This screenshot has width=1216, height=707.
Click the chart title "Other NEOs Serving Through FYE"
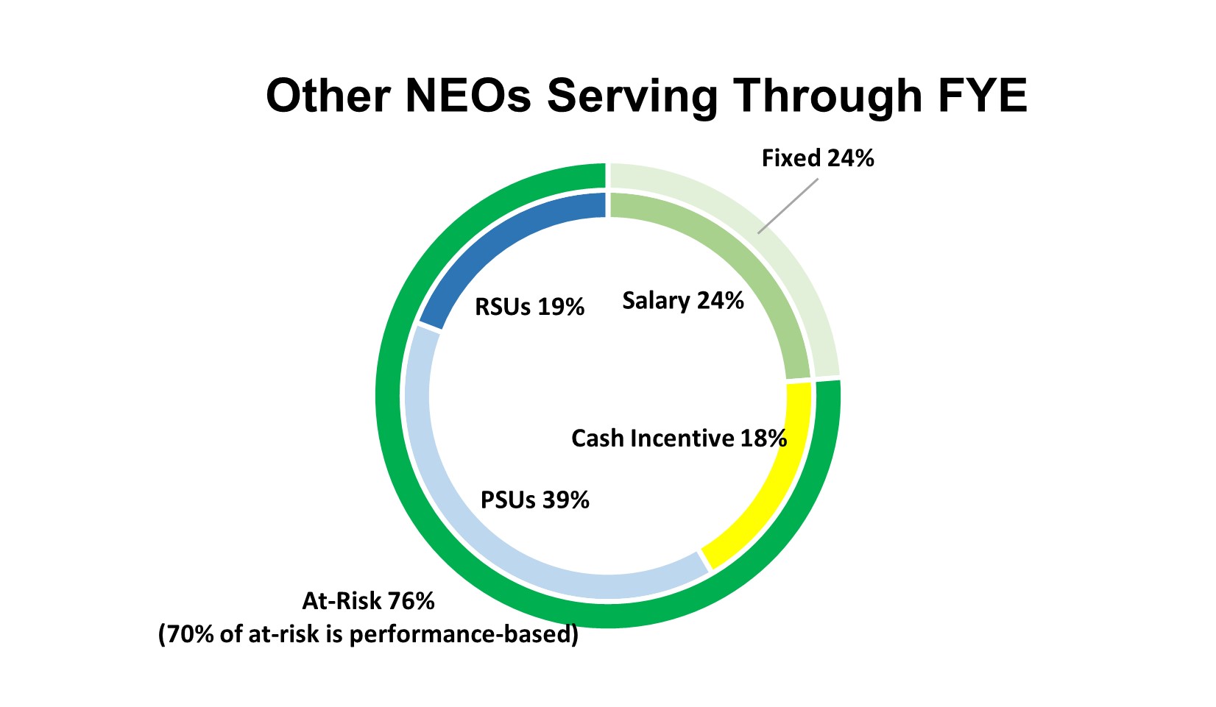tap(646, 96)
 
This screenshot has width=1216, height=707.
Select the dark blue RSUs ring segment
tap(501, 243)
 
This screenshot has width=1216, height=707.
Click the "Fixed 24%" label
tap(818, 158)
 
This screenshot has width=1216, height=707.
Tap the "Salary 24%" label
tap(683, 301)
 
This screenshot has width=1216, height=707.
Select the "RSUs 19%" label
tap(529, 307)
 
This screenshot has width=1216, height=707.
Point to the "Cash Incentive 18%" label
tap(679, 438)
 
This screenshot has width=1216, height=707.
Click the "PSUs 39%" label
tap(535, 500)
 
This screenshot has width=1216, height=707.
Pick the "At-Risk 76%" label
tap(368, 601)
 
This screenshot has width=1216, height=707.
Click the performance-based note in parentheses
tap(368, 634)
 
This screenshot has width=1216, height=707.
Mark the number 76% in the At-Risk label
tap(411, 601)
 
